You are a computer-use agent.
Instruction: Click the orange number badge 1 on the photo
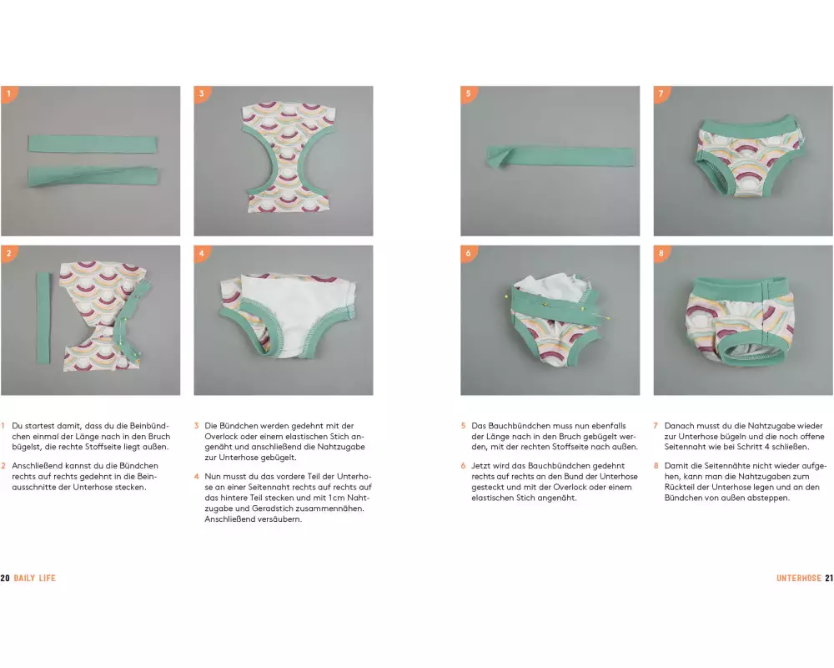point(8,94)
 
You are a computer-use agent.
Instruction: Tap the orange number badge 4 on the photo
point(201,253)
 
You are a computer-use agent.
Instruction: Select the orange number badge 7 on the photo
point(661,94)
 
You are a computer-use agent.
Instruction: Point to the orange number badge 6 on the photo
point(468,253)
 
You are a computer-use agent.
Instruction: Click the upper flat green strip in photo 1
point(93,144)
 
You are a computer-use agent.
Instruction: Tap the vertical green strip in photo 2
point(43,318)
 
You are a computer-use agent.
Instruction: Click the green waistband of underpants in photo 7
point(743,129)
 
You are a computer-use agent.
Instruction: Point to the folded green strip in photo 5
point(560,157)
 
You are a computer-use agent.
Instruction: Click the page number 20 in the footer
point(5,578)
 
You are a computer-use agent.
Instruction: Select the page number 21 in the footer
point(829,578)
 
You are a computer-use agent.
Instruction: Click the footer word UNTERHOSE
point(799,578)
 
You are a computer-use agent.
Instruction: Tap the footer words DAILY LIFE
point(34,578)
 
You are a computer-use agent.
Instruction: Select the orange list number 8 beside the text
point(656,466)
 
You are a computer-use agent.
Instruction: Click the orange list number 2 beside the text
point(3,466)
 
